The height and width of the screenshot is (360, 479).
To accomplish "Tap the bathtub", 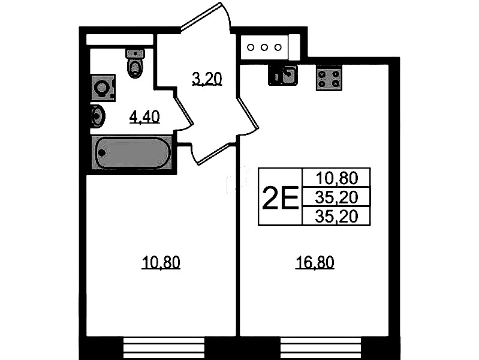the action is tap(132, 152).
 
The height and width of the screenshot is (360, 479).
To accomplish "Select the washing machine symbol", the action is tap(104, 88).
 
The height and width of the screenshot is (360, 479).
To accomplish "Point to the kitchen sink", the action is tap(283, 74).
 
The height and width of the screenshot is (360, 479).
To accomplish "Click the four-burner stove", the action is tap(329, 79).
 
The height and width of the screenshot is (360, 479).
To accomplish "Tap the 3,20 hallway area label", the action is tap(207, 79).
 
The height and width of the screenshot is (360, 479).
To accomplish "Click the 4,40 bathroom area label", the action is tap(144, 117).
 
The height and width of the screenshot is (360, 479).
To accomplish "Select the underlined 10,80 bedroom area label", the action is tap(161, 262).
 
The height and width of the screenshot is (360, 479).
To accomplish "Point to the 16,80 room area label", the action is tap(315, 262).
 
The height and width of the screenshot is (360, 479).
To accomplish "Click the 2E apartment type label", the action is tap(280, 197).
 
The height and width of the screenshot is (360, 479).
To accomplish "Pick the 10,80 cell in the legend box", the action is tap(336, 178).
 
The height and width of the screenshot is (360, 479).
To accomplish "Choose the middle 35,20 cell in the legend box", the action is tap(336, 197).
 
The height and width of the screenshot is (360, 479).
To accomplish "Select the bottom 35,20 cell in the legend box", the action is tap(336, 217).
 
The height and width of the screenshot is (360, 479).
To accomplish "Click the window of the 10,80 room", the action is tap(164, 348).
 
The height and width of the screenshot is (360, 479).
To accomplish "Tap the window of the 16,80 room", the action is tap(321, 348).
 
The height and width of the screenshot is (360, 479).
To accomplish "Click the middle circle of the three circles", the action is tap(264, 47).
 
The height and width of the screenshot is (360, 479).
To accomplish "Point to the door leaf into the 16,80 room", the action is tap(248, 113).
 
